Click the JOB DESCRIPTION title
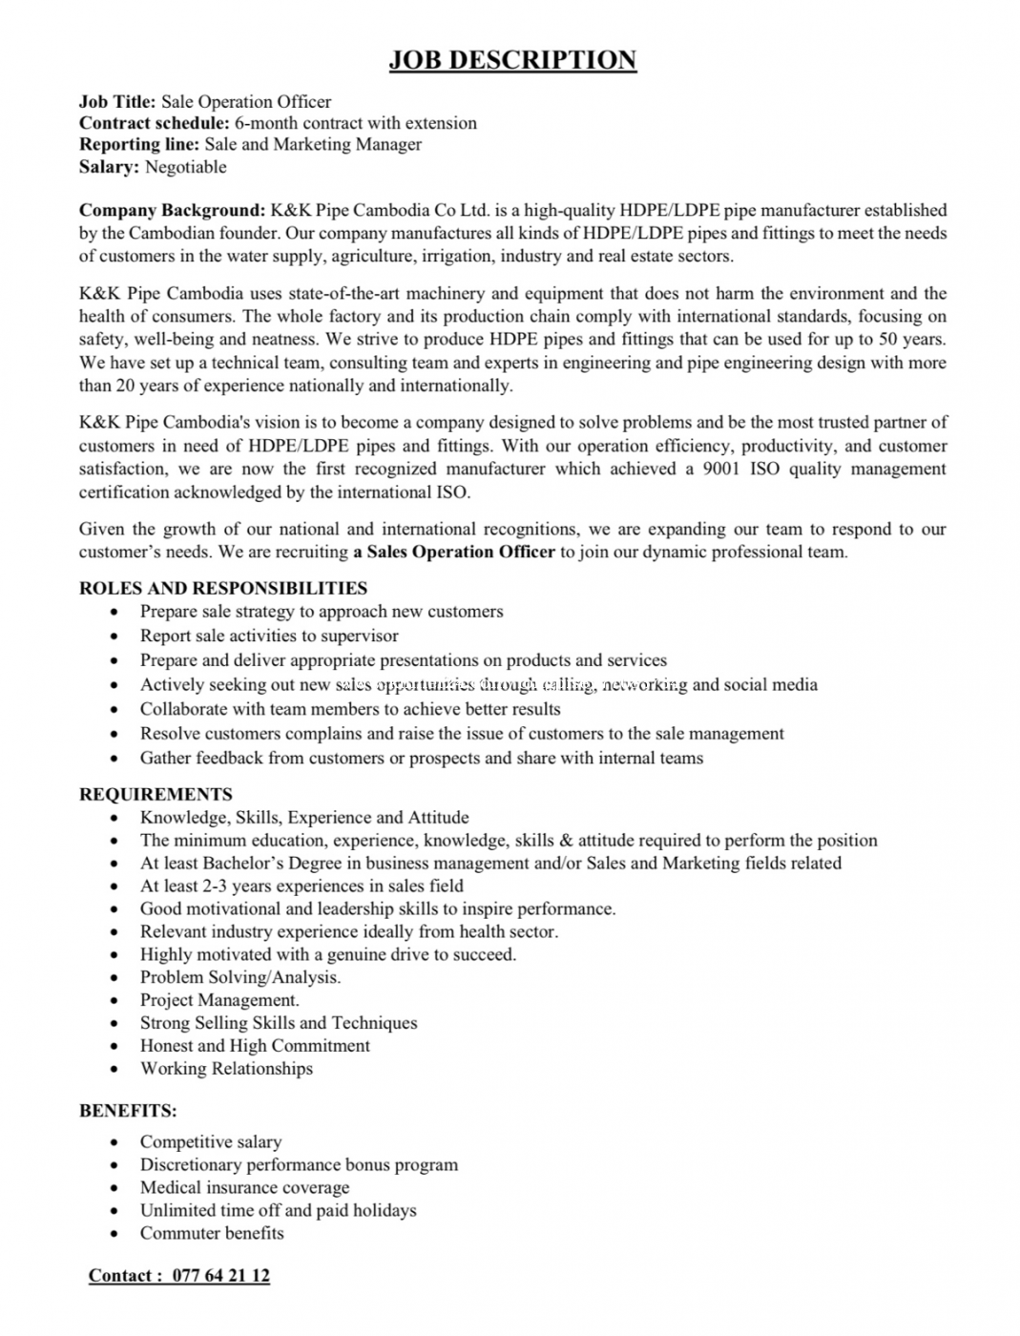512,60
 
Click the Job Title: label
117,101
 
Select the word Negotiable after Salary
185,167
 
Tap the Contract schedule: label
155,123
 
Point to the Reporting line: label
139,144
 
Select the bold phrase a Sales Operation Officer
453,552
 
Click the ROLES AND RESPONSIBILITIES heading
223,588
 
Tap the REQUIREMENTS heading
156,794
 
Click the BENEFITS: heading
128,1111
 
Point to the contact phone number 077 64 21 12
221,1276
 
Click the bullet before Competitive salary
115,1142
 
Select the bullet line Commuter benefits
212,1233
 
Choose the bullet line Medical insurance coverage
244,1187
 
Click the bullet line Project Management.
219,1000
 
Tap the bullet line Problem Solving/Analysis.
240,977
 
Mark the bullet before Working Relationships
115,1070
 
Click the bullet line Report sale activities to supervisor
269,636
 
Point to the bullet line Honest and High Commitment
255,1046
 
